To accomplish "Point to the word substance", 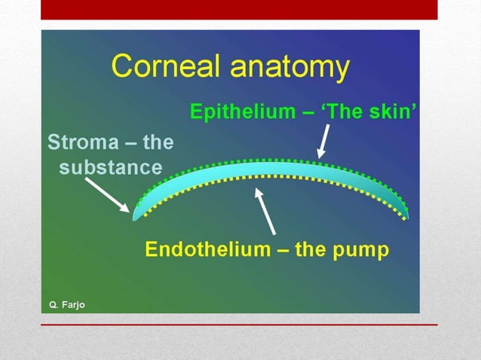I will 110,166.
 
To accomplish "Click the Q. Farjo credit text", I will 67,304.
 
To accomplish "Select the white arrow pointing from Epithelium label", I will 323,142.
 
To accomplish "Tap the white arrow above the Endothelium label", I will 266,211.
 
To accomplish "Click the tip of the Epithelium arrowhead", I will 320,157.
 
